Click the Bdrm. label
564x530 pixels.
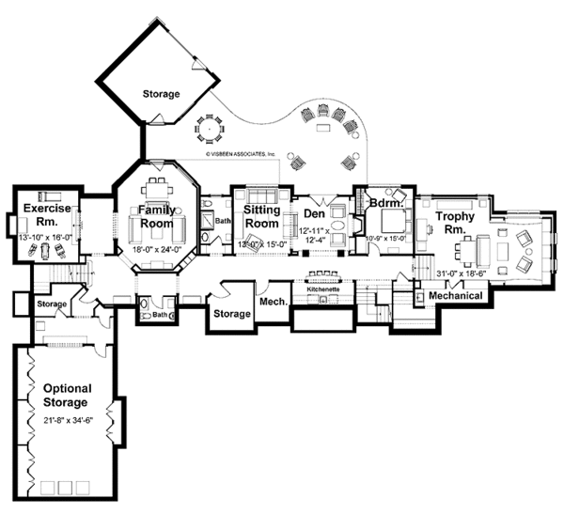pos(386,202)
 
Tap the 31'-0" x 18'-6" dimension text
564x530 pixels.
pos(463,273)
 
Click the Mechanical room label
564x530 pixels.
pos(455,296)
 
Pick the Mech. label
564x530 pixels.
pos(273,302)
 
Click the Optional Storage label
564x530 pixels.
pos(65,395)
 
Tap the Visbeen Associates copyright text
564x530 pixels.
pos(234,153)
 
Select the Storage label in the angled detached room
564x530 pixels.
pos(162,94)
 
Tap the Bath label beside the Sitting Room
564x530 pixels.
pos(223,222)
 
